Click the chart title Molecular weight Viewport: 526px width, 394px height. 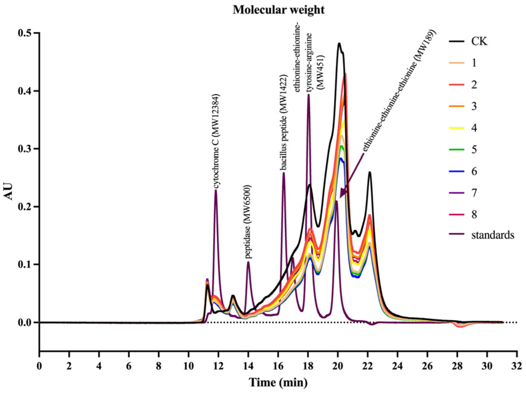point(278,10)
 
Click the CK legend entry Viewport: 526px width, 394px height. point(479,41)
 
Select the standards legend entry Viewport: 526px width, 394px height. point(492,235)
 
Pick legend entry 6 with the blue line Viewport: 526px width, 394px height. point(474,171)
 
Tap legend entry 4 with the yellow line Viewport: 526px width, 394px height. point(474,128)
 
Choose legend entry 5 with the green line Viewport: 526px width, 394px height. point(474,150)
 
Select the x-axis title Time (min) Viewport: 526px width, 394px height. point(278,383)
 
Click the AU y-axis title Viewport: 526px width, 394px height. point(9,191)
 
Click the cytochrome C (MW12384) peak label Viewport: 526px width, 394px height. point(217,142)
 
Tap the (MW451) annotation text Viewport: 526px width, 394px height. point(321,72)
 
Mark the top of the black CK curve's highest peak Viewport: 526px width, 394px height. point(339,44)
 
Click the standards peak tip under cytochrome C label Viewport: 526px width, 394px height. point(216,190)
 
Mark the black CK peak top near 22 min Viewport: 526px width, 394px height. point(369,172)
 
